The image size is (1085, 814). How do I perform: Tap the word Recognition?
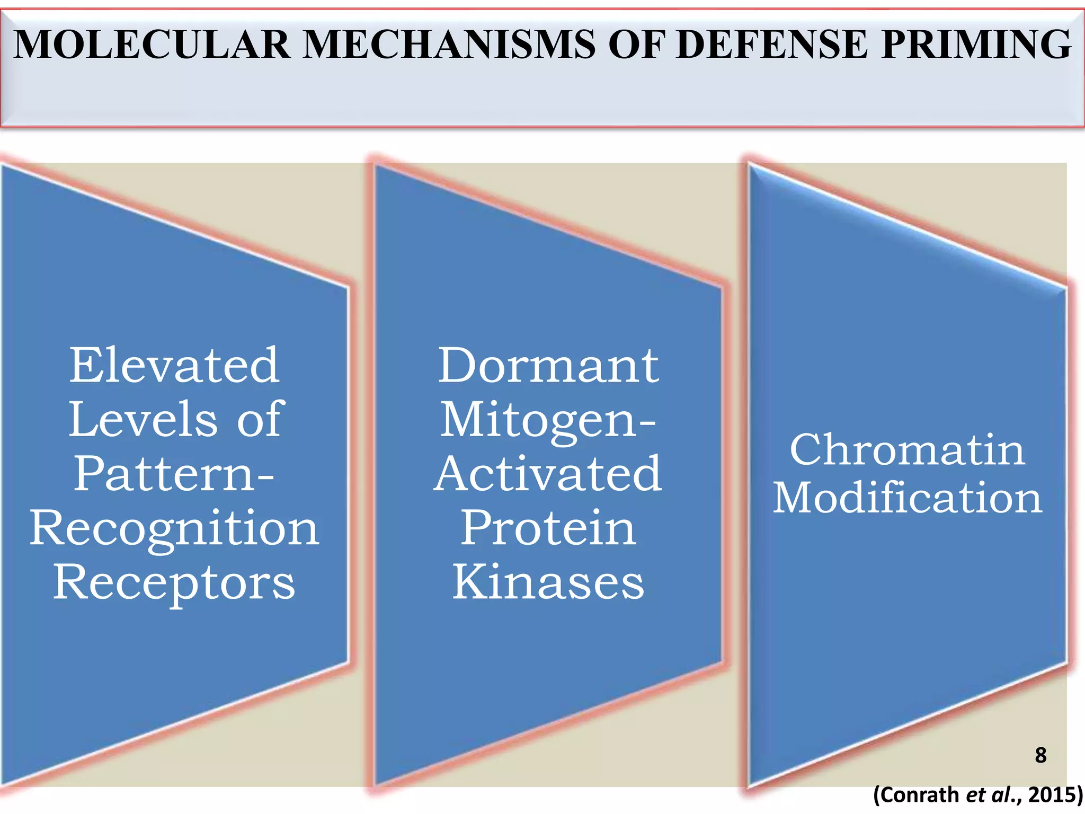[x=174, y=528]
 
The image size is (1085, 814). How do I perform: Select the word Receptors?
[x=174, y=582]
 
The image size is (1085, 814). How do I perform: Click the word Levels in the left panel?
[x=143, y=419]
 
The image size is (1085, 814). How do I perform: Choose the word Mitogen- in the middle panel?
[x=548, y=420]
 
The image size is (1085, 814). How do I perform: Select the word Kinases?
[x=548, y=582]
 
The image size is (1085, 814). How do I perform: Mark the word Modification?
[x=907, y=498]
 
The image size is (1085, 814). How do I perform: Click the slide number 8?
[x=1040, y=755]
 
